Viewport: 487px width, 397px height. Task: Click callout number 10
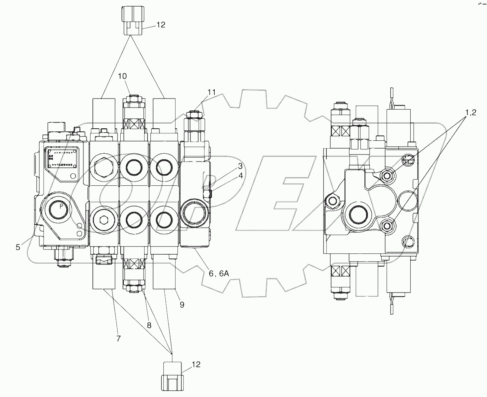123,76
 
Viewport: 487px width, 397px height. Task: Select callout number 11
212,93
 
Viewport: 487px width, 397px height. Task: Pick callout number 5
18,247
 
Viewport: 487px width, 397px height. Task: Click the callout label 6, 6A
219,274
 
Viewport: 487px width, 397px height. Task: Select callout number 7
182,305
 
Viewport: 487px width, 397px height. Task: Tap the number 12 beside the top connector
161,25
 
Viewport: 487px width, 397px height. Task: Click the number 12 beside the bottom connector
196,365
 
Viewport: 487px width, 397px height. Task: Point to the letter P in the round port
61,206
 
